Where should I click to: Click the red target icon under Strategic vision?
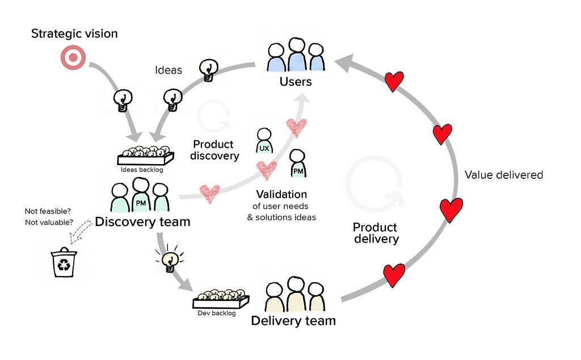73,58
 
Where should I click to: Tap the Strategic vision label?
74,34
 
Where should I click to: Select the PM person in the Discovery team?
140,195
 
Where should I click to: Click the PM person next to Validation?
297,164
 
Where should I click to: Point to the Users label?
296,82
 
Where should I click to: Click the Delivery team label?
293,321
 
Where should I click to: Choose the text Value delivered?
503,175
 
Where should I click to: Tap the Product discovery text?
214,150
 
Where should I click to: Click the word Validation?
281,194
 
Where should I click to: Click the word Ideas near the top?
169,70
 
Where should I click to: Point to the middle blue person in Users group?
296,55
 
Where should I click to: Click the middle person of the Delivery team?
295,294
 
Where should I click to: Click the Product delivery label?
376,233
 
